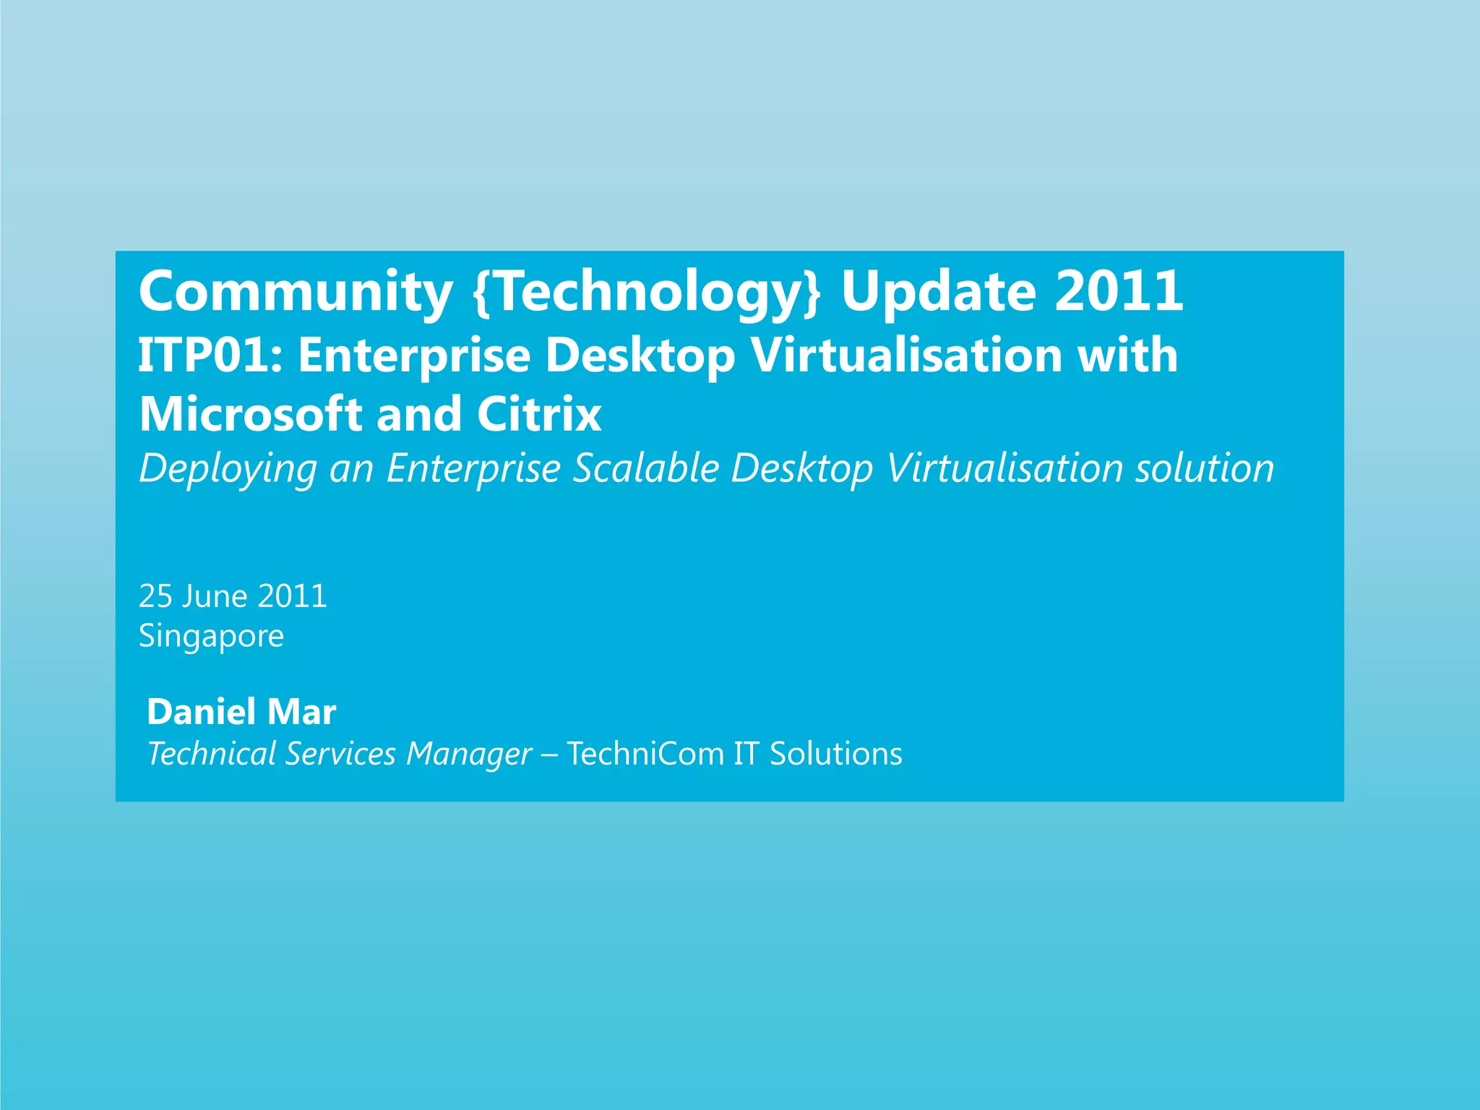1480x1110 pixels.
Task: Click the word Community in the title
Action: pyautogui.click(x=295, y=292)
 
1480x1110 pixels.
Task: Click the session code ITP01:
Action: pyautogui.click(x=210, y=356)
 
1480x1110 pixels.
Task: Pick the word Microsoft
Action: pyautogui.click(x=250, y=414)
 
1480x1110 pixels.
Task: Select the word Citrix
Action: pyautogui.click(x=538, y=414)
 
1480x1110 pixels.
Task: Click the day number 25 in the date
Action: pyautogui.click(x=155, y=596)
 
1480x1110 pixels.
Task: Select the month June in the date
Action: pyautogui.click(x=215, y=596)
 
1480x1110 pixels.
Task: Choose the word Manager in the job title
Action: pyautogui.click(x=469, y=754)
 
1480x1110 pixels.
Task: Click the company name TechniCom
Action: pyautogui.click(x=645, y=754)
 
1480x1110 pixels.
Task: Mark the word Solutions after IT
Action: pyautogui.click(x=835, y=754)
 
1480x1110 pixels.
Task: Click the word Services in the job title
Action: pyautogui.click(x=340, y=754)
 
